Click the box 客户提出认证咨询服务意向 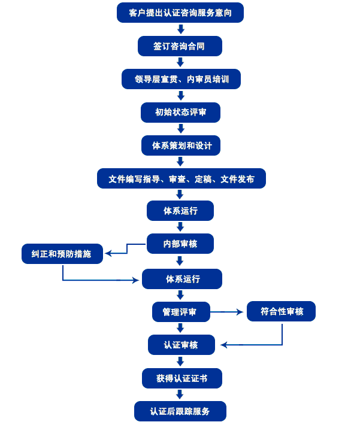coord(180,13)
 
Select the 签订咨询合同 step coord(180,46)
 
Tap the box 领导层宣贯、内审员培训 coord(180,79)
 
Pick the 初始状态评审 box coord(180,113)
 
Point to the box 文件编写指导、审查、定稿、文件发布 coord(181,178)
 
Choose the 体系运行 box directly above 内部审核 coord(180,211)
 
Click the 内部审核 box coord(180,244)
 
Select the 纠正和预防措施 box coord(62,254)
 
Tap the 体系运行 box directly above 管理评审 coord(181,279)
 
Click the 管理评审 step coord(181,311)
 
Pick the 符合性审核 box coord(281,311)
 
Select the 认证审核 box coord(181,345)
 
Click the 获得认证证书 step coord(181,378)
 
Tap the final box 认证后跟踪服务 coord(180,411)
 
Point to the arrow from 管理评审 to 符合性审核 coord(228,311)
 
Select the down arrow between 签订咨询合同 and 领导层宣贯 coord(180,63)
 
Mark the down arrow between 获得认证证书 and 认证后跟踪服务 coord(180,394)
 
